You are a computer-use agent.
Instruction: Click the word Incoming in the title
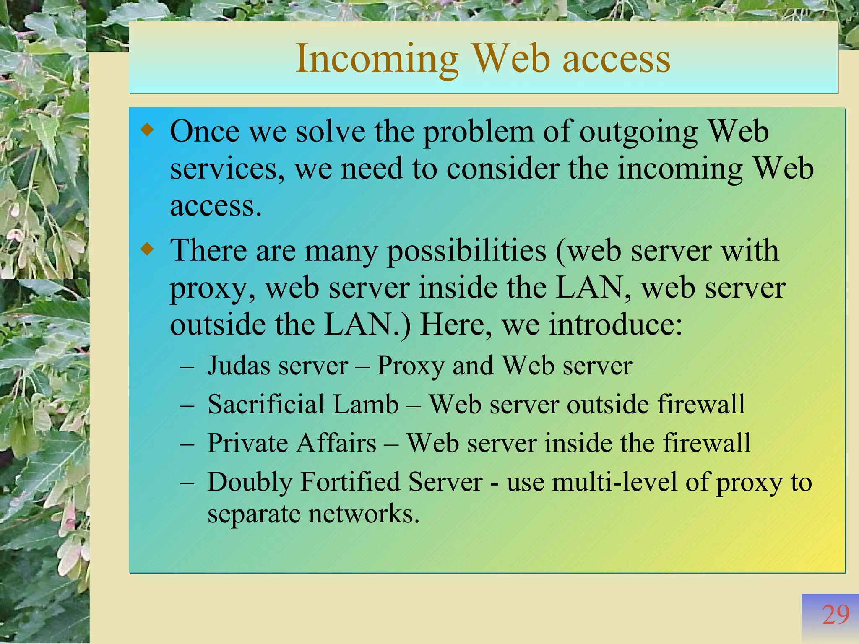pyautogui.click(x=377, y=59)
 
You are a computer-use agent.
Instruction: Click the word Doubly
pyautogui.click(x=250, y=482)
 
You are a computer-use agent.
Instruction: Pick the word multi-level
pyautogui.click(x=592, y=482)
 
